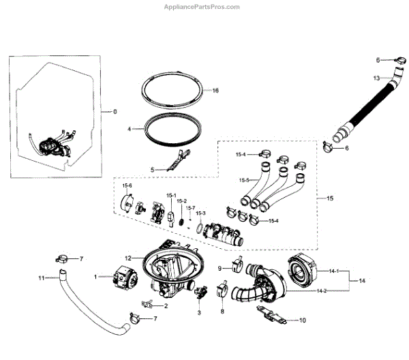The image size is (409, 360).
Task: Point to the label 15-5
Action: point(243,180)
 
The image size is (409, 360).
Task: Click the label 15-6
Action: point(127,185)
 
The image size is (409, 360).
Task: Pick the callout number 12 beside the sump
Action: point(127,258)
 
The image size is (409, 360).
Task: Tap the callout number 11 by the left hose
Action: point(41,278)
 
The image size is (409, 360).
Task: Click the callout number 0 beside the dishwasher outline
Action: point(115,111)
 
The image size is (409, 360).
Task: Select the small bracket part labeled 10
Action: point(271,316)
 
